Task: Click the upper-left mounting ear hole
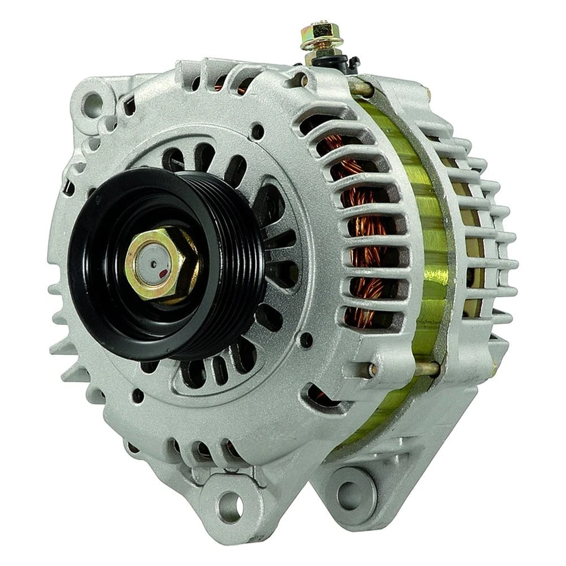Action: click(93, 103)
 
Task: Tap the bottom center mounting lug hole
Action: click(231, 505)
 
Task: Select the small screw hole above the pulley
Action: click(257, 131)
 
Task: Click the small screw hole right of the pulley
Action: click(306, 340)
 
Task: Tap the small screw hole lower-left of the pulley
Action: click(137, 396)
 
